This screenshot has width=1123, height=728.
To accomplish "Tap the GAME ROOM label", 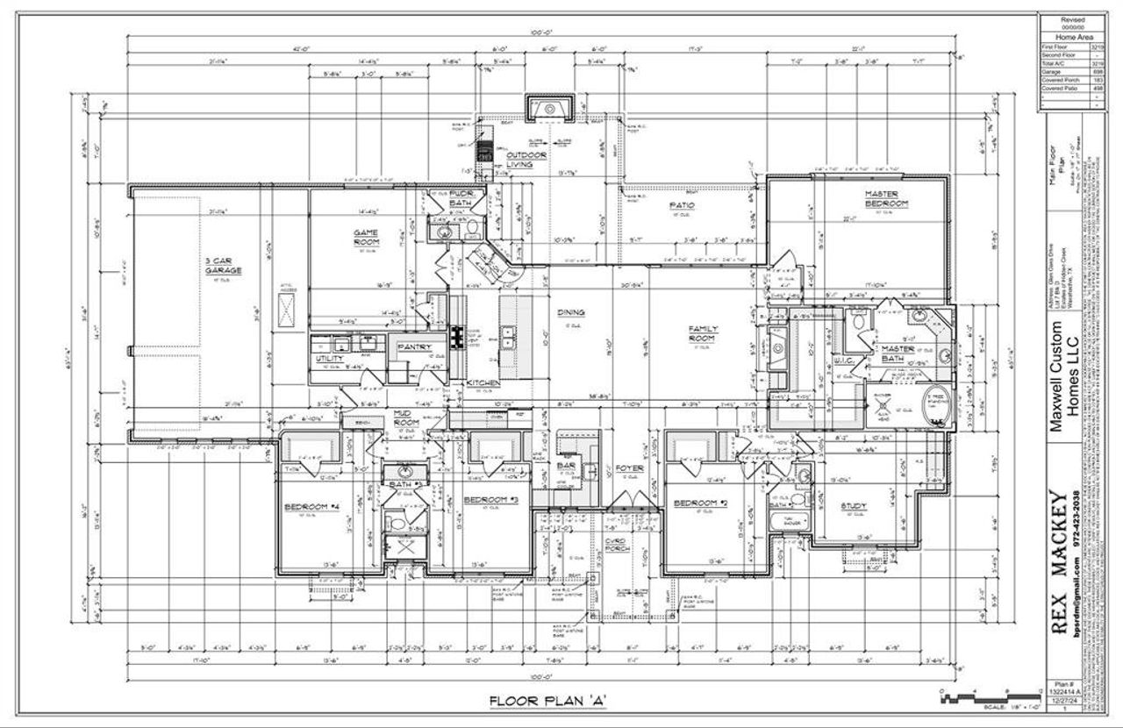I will point(366,237).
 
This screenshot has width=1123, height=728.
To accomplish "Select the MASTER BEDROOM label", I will point(885,198).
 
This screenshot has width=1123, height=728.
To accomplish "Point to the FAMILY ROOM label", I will point(703,333).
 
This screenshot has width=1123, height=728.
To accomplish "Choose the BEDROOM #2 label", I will point(701,503).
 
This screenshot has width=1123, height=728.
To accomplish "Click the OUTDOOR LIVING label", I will point(526,159).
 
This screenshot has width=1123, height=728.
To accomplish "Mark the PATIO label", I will point(682,205).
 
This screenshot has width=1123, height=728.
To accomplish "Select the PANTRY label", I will point(414,347).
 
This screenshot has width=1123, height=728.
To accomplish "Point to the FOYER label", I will point(629,468).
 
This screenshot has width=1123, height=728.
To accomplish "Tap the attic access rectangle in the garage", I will point(285,310).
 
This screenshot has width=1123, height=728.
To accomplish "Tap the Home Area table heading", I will point(1072,38).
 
